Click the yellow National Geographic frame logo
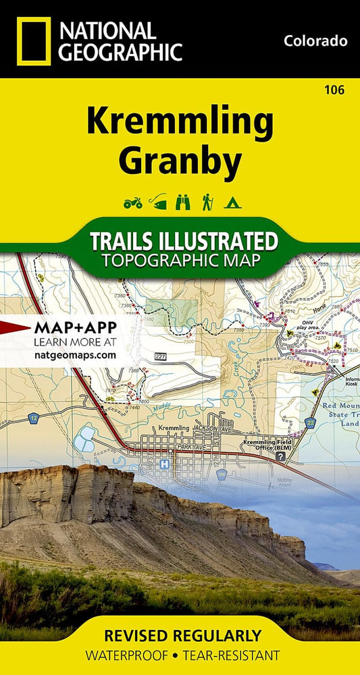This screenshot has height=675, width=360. [x=30, y=40]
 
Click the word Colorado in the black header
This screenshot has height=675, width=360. [x=315, y=41]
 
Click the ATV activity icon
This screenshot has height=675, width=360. [x=132, y=201]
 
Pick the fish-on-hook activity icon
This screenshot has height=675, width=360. [x=157, y=201]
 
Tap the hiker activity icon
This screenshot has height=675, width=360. [x=207, y=201]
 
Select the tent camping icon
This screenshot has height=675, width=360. [x=232, y=201]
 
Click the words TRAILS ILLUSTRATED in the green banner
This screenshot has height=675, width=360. [x=184, y=241]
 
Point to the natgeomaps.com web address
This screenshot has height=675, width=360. [x=74, y=354]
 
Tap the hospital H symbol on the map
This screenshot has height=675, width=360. [x=163, y=464]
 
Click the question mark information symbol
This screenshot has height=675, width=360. [x=280, y=457]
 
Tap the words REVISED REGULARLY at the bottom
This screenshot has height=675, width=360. [x=180, y=635]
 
